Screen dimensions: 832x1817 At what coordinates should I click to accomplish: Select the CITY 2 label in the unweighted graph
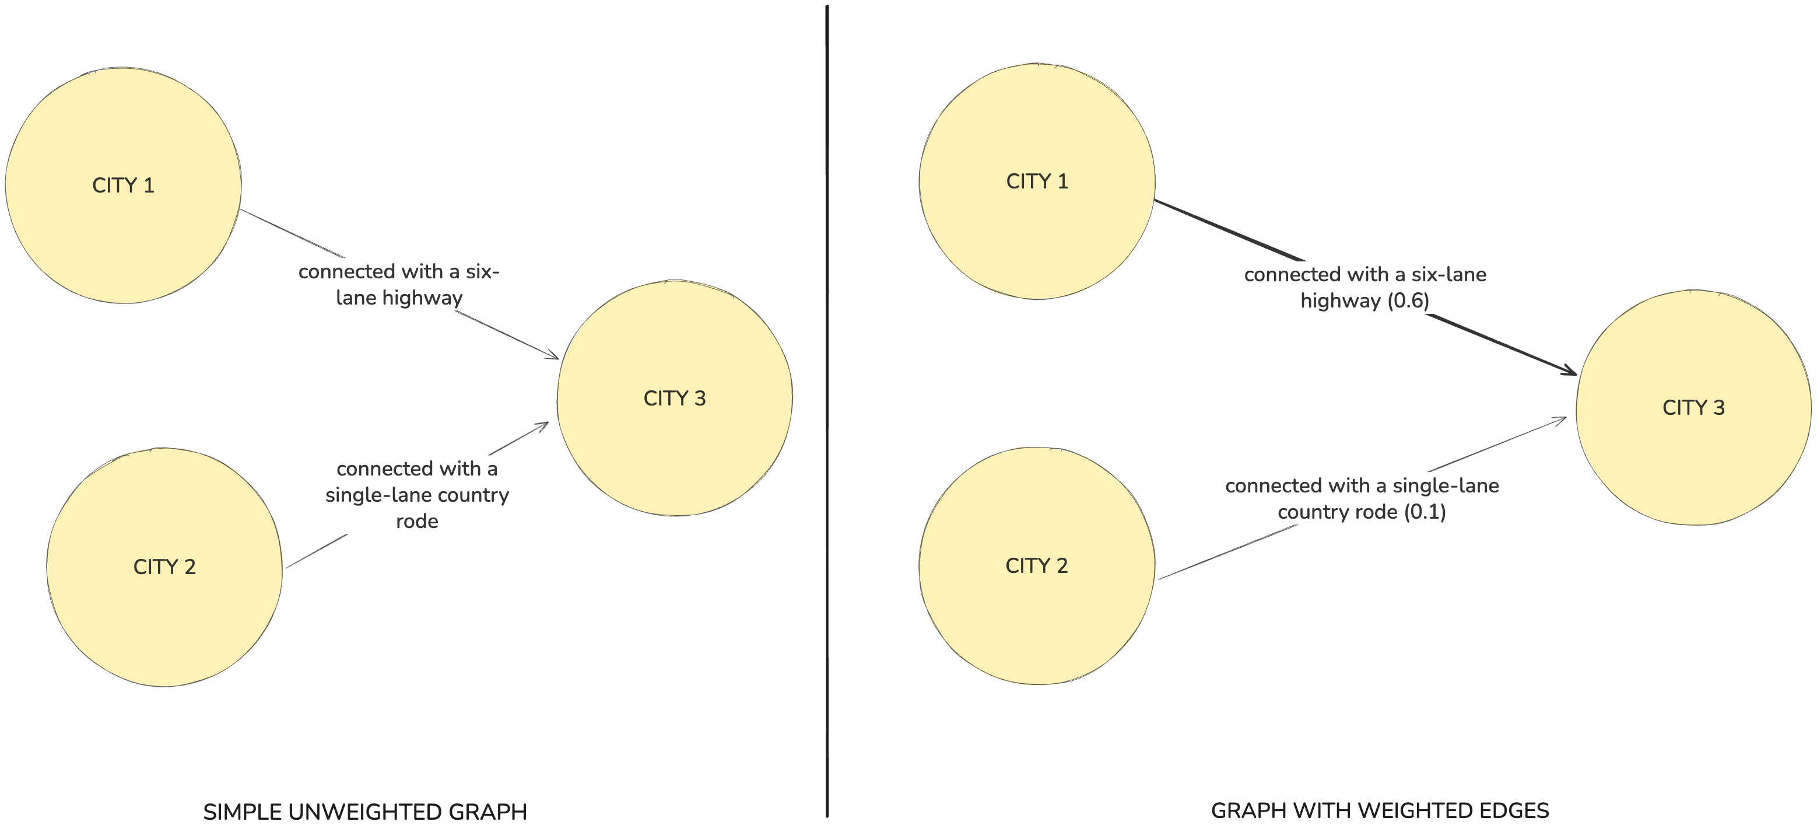(x=164, y=567)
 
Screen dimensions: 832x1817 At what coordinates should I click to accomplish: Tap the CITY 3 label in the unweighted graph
(x=674, y=398)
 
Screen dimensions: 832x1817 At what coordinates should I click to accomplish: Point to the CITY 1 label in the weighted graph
(x=1037, y=181)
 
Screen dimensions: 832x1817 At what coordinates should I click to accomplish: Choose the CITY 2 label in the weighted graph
(x=1036, y=565)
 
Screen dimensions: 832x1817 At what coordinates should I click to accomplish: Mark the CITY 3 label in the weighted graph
(x=1693, y=408)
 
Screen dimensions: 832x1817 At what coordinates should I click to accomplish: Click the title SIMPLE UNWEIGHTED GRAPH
(x=364, y=812)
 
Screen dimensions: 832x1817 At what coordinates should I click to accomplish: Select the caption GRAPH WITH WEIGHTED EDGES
(x=1380, y=810)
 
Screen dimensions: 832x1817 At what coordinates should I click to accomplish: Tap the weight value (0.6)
(x=1408, y=300)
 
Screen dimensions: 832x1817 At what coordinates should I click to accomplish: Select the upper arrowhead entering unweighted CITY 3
(x=552, y=355)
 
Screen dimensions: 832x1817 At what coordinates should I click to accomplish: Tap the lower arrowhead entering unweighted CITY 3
(x=542, y=425)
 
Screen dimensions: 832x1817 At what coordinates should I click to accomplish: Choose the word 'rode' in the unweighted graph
(x=417, y=522)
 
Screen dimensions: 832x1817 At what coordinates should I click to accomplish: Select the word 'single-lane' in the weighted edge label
(x=1446, y=485)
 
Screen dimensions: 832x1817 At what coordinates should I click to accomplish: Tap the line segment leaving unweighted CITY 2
(x=316, y=551)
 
